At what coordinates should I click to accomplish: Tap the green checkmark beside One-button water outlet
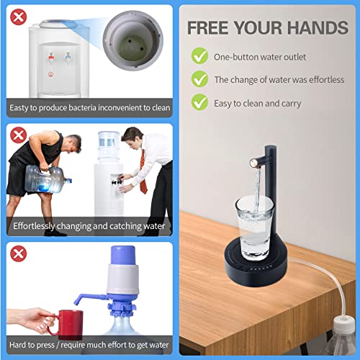(199, 56)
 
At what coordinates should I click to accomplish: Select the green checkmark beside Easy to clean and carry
(199, 103)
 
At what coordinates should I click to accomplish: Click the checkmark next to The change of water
(199, 79)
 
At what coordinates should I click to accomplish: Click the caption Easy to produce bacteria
(90, 109)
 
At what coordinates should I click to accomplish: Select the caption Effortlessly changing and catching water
(90, 225)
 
